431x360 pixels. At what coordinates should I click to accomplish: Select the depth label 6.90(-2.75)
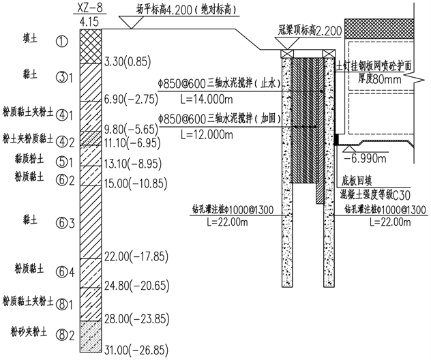point(130,100)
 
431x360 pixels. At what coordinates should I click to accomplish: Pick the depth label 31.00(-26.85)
point(136,350)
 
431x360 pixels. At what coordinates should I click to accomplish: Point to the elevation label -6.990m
point(366,157)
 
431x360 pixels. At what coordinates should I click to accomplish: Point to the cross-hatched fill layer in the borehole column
point(91,46)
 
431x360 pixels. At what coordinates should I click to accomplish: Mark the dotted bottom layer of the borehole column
point(91,334)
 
